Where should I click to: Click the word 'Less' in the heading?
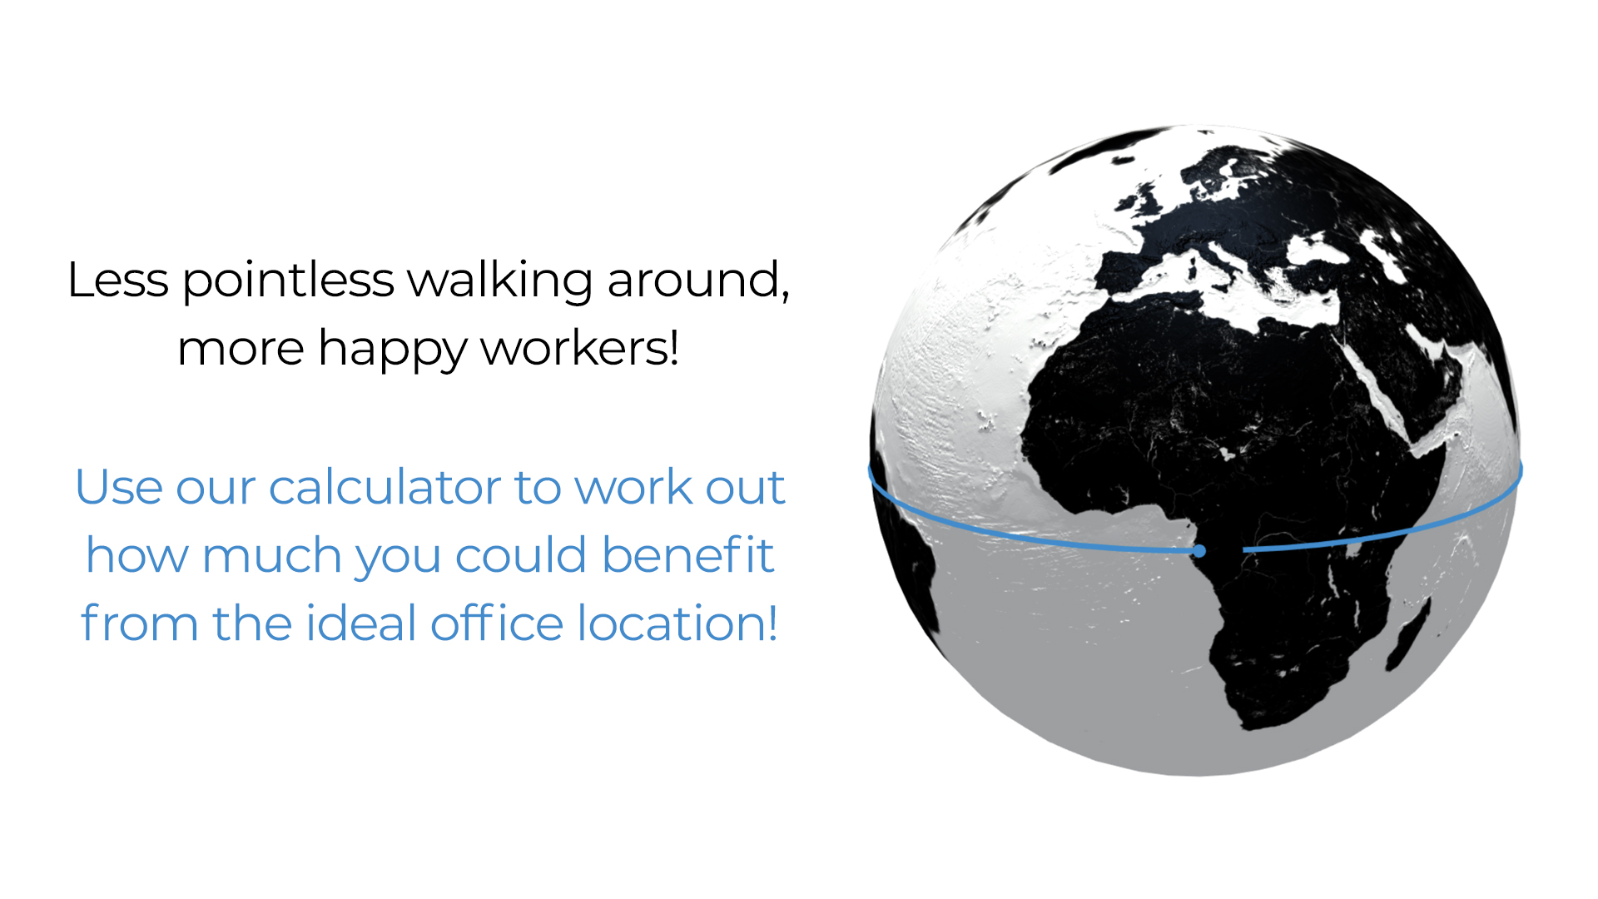coord(118,280)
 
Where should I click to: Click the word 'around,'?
coord(697,281)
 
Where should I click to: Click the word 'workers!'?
coord(580,348)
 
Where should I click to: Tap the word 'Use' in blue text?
coord(118,488)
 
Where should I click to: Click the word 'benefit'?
coord(688,555)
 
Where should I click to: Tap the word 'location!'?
coord(678,623)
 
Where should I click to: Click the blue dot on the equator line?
coord(1199,551)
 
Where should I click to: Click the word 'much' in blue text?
coord(271,555)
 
